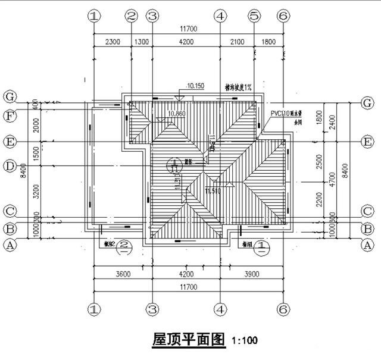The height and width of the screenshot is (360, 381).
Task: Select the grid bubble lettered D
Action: (x=9, y=166)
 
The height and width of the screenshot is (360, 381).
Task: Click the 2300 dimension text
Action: (x=112, y=42)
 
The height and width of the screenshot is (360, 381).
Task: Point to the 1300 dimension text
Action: (x=142, y=42)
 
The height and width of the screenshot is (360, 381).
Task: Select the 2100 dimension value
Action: (x=237, y=42)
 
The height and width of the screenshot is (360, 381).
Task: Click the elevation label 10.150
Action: (x=195, y=86)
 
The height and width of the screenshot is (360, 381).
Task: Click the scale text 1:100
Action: (x=245, y=342)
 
